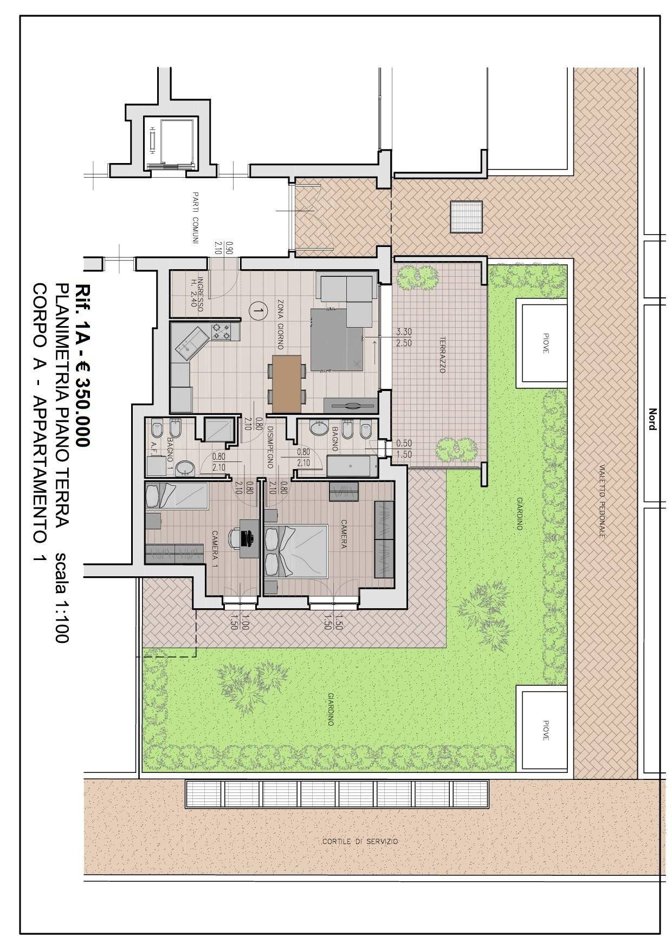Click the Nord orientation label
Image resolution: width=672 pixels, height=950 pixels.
click(x=652, y=419)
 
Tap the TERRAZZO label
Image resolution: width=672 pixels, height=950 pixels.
click(x=443, y=356)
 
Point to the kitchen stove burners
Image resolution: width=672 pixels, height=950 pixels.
click(x=222, y=331)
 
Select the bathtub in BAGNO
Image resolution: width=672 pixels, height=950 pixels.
click(x=352, y=465)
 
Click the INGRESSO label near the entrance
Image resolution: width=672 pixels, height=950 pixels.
click(x=200, y=295)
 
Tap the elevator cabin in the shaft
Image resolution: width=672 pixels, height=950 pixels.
click(x=170, y=141)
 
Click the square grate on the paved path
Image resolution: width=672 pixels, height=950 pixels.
click(x=466, y=216)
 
